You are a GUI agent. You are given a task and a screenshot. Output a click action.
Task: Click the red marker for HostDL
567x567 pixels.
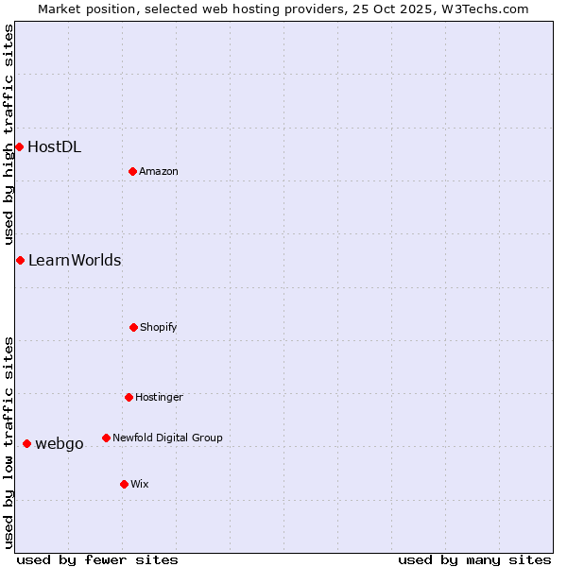pyautogui.click(x=19, y=146)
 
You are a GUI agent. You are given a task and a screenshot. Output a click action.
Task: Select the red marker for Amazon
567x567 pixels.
pyautogui.click(x=132, y=171)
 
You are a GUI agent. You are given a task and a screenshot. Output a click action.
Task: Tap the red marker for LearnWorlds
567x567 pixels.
pyautogui.click(x=20, y=260)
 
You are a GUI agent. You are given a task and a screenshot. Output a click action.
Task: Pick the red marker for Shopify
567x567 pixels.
pyautogui.click(x=133, y=327)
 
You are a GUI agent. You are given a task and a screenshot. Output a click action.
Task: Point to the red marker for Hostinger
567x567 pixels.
pyautogui.click(x=129, y=397)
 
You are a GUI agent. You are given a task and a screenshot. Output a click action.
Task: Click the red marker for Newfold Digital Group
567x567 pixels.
pyautogui.click(x=106, y=438)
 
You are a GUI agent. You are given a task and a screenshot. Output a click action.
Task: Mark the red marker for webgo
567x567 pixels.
pyautogui.click(x=26, y=443)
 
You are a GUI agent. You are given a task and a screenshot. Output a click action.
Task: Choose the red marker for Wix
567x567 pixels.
pyautogui.click(x=124, y=484)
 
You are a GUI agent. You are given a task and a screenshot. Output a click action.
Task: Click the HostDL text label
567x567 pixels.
pyautogui.click(x=54, y=146)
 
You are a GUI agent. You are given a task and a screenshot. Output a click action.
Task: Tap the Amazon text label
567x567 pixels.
pyautogui.click(x=159, y=171)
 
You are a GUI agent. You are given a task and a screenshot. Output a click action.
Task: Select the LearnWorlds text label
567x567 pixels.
pyautogui.click(x=75, y=260)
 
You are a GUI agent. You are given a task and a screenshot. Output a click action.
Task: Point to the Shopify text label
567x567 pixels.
pyautogui.click(x=159, y=327)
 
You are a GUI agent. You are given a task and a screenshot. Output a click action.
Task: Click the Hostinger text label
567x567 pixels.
pyautogui.click(x=159, y=397)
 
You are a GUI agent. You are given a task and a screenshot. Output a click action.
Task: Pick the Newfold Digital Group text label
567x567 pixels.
pyautogui.click(x=167, y=438)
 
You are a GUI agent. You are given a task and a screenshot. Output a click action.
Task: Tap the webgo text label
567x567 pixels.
pyautogui.click(x=60, y=443)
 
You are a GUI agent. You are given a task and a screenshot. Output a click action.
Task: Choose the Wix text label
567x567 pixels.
pyautogui.click(x=140, y=484)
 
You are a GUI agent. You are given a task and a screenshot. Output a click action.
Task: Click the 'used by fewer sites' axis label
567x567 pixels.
pyautogui.click(x=97, y=559)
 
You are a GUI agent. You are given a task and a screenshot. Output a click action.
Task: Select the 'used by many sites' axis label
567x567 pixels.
pyautogui.click(x=474, y=559)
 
